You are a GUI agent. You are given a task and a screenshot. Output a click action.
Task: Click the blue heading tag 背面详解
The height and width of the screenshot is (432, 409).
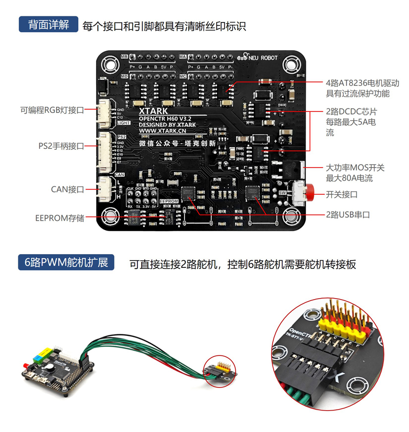point(49,25)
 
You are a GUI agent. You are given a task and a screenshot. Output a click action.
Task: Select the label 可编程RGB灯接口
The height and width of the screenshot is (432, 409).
point(52,109)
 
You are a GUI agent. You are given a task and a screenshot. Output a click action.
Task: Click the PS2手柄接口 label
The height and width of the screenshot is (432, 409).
point(61,146)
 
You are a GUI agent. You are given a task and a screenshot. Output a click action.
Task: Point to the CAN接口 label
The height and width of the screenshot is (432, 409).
point(67,189)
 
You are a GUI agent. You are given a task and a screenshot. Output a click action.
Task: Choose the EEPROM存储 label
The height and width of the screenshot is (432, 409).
point(59,218)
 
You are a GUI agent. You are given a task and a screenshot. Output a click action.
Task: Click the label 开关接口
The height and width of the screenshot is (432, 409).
point(342,194)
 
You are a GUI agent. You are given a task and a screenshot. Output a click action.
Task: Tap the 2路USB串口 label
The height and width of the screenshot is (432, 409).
point(348,215)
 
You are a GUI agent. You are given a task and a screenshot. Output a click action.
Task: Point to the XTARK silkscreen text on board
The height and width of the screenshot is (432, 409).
point(153,110)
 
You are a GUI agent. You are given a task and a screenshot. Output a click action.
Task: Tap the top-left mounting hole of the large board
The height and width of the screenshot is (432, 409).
point(109,64)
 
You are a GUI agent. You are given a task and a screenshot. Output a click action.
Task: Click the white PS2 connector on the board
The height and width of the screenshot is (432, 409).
point(108,152)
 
